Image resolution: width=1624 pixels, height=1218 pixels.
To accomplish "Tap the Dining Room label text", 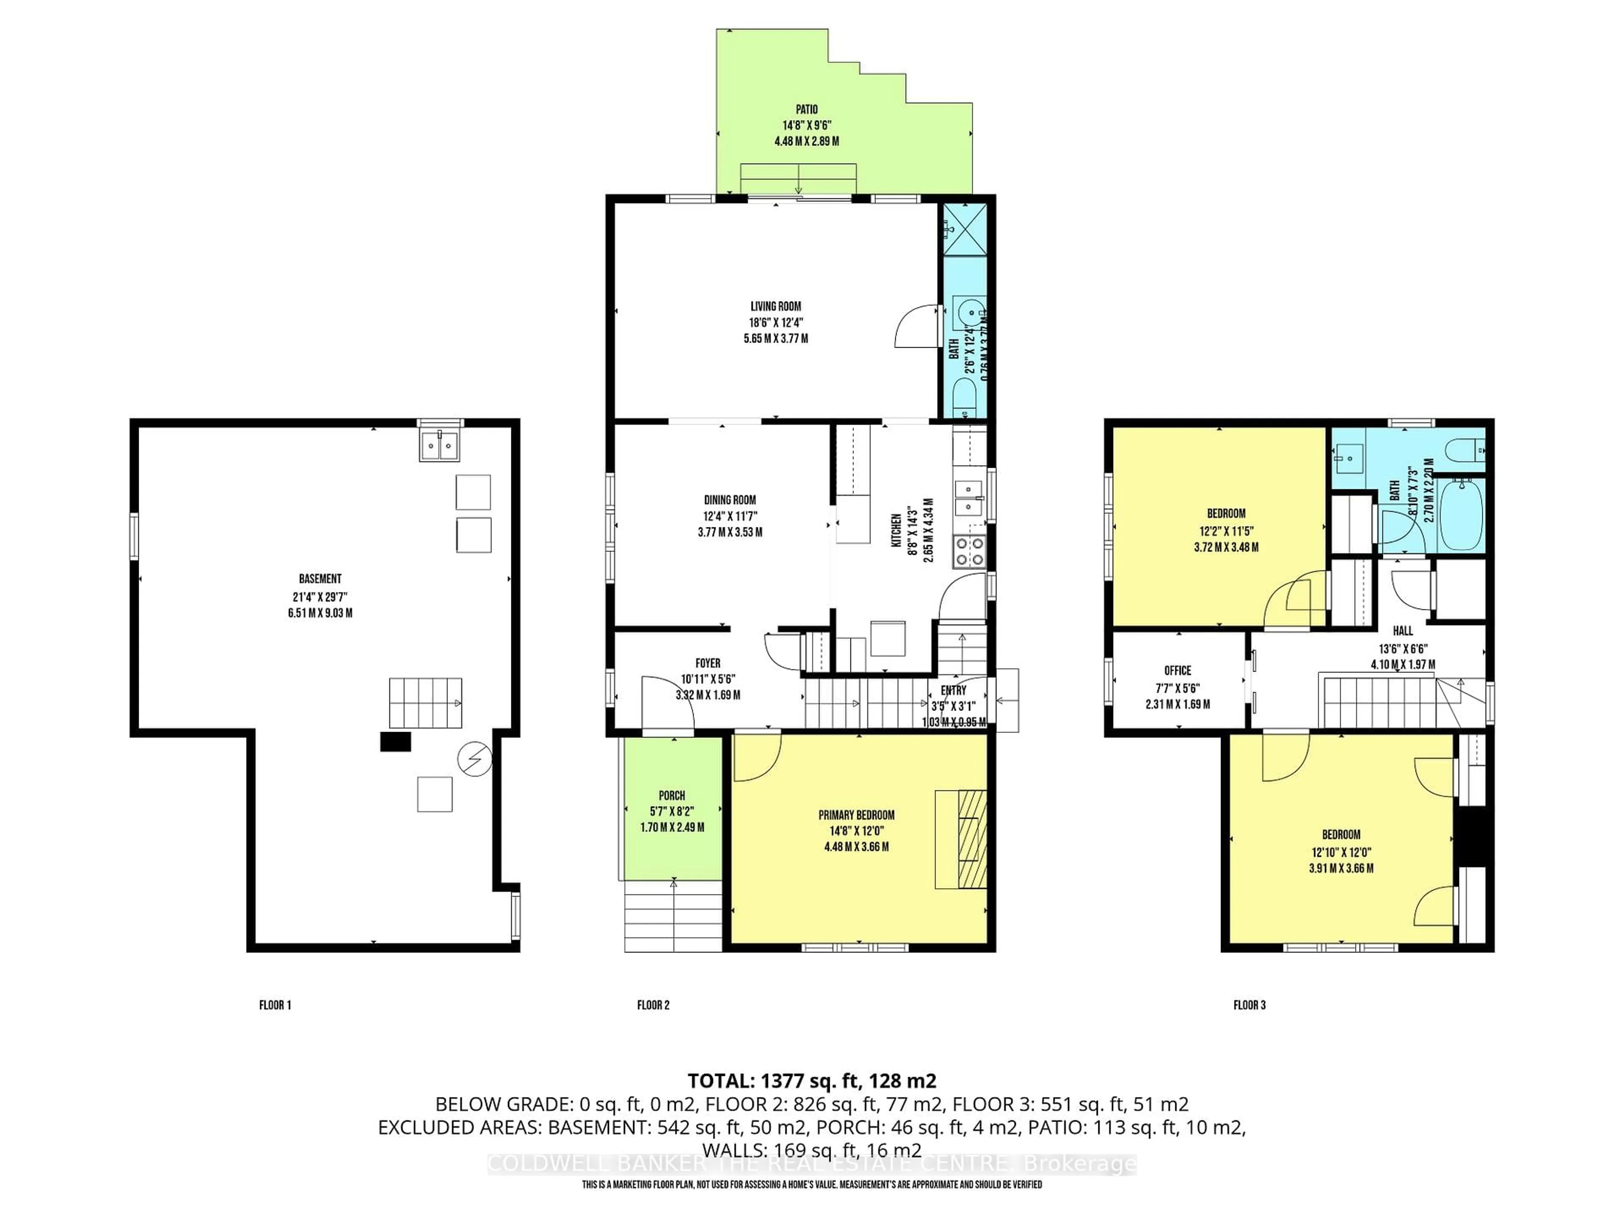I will [x=730, y=500].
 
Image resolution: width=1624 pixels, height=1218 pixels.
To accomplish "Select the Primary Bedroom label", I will [x=856, y=815].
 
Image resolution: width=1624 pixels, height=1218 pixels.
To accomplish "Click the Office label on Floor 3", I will [x=1178, y=670].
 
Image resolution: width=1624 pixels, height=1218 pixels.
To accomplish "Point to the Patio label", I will [x=806, y=110].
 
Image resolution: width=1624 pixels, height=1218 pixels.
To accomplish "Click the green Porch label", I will [x=672, y=795].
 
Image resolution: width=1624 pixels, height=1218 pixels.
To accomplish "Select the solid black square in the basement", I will [x=395, y=742].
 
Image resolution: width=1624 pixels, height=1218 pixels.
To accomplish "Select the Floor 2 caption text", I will [x=653, y=1005].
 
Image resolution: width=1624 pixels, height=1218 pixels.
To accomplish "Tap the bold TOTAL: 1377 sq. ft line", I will [x=811, y=1081].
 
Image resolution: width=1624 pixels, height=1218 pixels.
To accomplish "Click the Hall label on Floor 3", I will [x=1402, y=631].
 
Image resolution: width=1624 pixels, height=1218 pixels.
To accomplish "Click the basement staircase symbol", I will [x=425, y=702].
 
